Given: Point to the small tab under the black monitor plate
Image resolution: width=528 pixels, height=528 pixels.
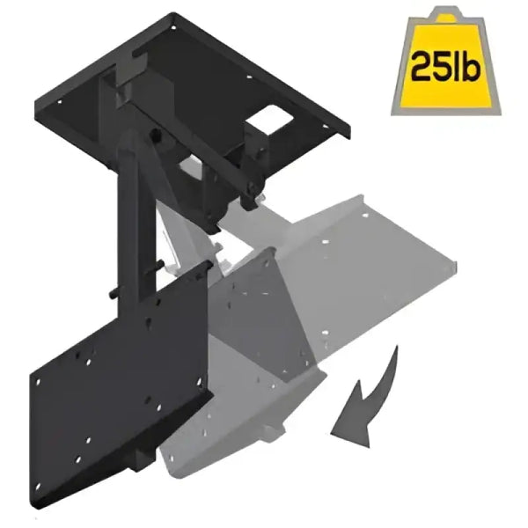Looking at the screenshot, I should click(141, 453).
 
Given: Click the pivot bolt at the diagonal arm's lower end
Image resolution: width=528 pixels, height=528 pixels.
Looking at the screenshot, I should click(253, 187).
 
